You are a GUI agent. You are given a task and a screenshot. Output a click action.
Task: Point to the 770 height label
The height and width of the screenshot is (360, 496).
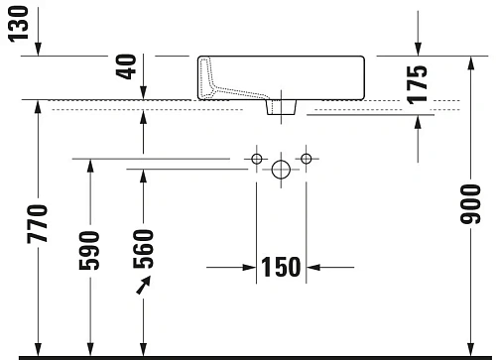point(39,227)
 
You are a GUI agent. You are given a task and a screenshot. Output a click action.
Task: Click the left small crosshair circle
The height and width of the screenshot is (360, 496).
point(257,159)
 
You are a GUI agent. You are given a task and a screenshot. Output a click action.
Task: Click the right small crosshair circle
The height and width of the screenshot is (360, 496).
point(307,159)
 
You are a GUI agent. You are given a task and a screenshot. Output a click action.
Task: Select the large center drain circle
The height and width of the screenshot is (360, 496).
point(282,171)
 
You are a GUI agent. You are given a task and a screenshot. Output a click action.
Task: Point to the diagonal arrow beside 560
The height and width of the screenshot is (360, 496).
point(145,286)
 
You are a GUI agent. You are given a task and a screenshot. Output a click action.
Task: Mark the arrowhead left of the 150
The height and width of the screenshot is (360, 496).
point(248,267)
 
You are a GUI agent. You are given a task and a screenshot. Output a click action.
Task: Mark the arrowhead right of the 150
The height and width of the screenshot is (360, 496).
point(316,267)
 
